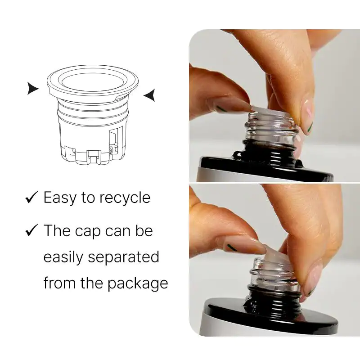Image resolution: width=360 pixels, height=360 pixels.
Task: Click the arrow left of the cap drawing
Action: [x=32, y=88]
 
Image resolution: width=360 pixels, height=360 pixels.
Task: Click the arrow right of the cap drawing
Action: [x=150, y=95]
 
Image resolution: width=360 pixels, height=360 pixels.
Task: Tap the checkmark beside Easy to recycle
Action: [x=31, y=197]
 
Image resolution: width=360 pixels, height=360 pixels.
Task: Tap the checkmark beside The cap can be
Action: [x=31, y=230]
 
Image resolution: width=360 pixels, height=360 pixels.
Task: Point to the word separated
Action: [x=123, y=256]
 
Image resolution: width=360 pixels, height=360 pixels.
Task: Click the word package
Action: [x=138, y=283]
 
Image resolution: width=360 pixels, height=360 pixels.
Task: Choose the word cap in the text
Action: [x=88, y=231]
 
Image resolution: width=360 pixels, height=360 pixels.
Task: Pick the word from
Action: [x=59, y=283]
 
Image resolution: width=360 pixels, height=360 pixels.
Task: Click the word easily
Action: [x=63, y=257]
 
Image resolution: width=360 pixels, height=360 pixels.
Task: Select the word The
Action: [x=57, y=230]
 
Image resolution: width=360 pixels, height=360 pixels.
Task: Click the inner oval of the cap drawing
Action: [x=92, y=82]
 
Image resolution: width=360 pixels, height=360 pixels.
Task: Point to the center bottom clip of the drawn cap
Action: [x=94, y=157]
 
